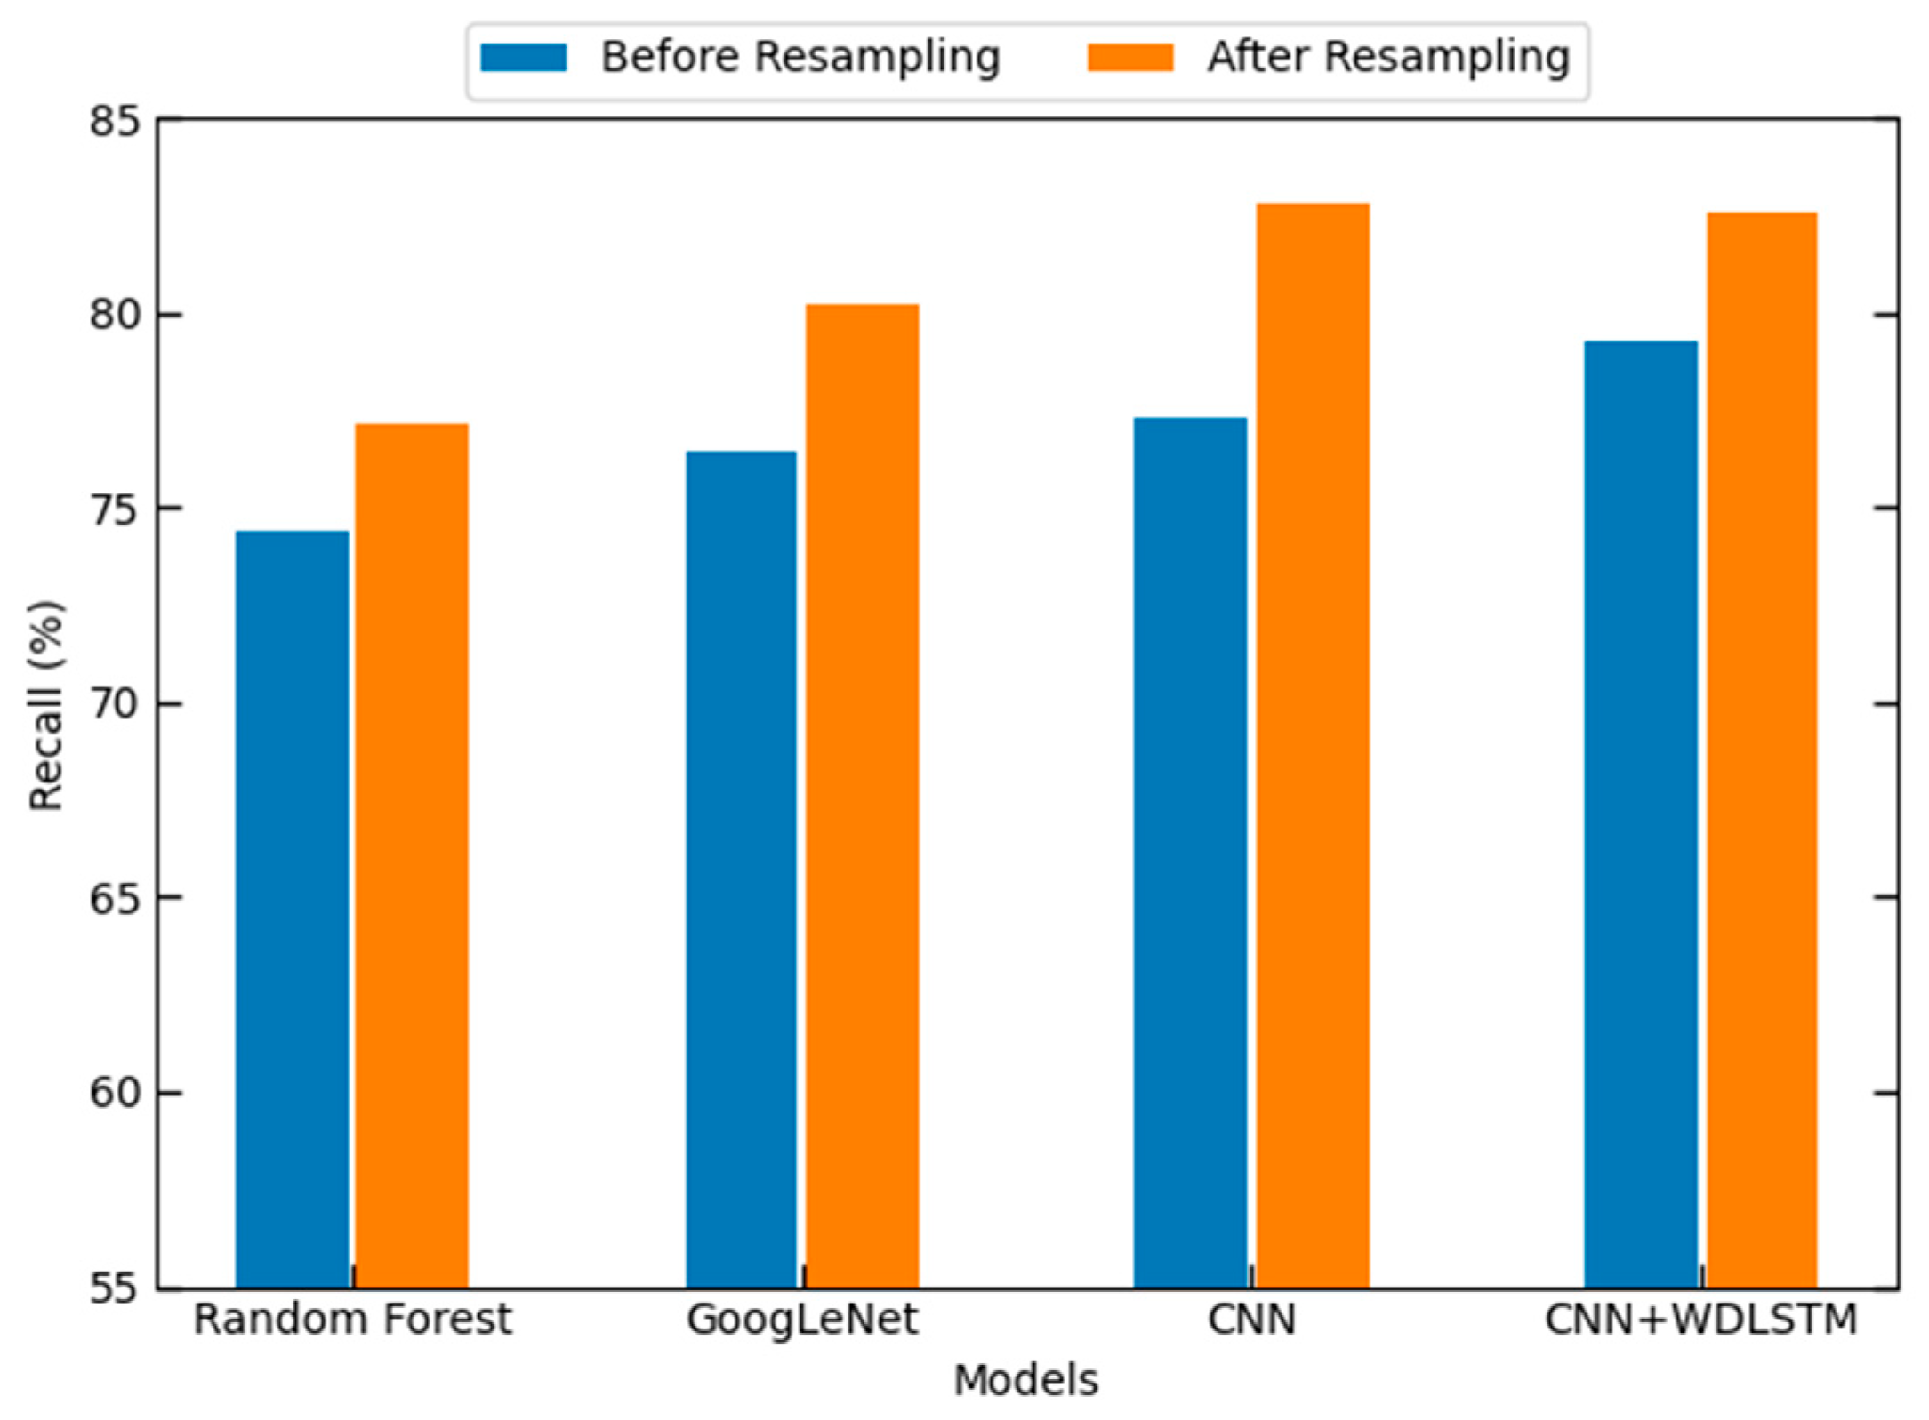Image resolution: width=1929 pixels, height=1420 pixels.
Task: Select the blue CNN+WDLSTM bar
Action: tap(1640, 813)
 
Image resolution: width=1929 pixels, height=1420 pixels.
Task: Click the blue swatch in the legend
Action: tap(523, 58)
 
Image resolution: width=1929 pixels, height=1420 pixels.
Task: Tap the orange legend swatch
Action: tap(1129, 58)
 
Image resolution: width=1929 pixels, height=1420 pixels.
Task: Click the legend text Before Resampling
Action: tap(800, 58)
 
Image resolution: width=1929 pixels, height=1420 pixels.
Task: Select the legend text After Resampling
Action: tap(1387, 58)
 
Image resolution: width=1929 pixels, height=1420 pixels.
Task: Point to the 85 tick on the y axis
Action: tap(115, 121)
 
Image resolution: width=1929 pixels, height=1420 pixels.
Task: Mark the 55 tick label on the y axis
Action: tap(115, 1288)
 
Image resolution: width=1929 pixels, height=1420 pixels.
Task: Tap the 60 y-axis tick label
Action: tap(115, 1093)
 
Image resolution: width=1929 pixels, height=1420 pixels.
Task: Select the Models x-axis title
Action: tap(1025, 1381)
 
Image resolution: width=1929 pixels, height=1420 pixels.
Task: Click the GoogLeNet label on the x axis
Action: tap(801, 1320)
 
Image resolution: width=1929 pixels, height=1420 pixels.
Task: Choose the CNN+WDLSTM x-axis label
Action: tap(1700, 1320)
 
